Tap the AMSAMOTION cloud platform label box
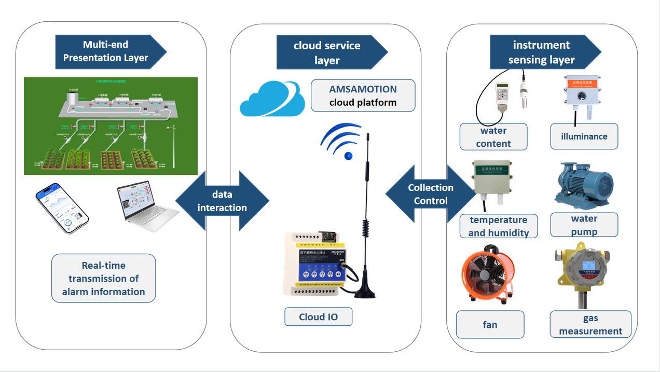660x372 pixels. click(363, 95)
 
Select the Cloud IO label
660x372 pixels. click(318, 316)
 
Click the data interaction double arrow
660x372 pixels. click(223, 201)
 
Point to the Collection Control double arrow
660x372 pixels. click(430, 194)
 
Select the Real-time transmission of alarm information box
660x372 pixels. click(104, 278)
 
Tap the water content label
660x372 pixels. click(493, 136)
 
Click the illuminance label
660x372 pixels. click(584, 136)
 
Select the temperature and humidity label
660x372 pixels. click(498, 226)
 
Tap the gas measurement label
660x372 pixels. click(590, 324)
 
